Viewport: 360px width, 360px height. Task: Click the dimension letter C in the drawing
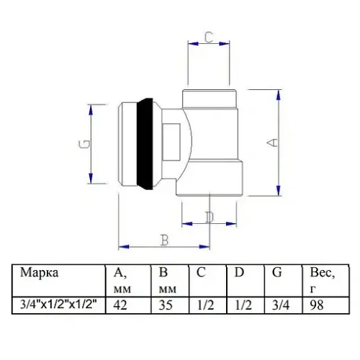(207, 38)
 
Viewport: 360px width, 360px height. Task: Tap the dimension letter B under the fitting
(164, 240)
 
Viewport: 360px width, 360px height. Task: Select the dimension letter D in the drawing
(209, 217)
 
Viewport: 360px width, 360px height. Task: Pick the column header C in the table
(202, 273)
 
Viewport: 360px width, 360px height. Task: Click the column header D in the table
(240, 273)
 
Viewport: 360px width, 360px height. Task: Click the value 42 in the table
(123, 305)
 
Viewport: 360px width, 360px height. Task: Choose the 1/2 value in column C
(205, 305)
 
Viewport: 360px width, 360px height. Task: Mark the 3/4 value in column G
(282, 305)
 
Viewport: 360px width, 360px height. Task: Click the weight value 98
(318, 305)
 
